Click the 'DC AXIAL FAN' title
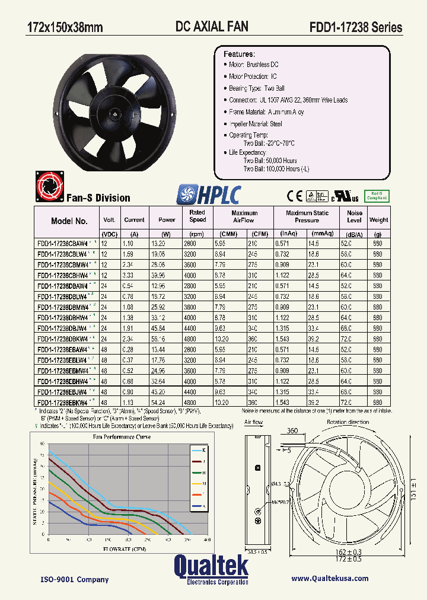212,26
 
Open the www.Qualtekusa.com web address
330,578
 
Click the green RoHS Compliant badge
376,195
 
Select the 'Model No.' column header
69,221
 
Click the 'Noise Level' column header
354,216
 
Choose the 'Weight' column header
378,220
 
